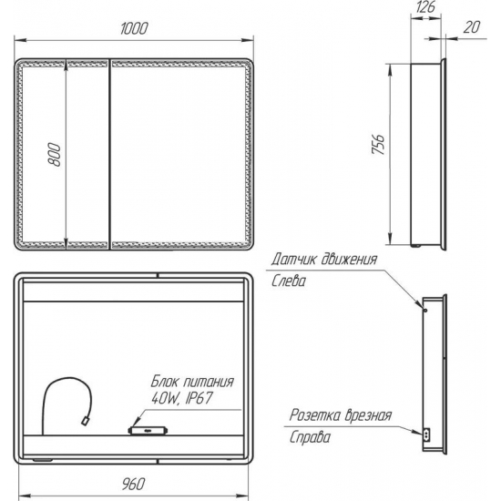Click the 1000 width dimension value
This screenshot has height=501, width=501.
(134, 28)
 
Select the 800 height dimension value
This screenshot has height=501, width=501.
(56, 156)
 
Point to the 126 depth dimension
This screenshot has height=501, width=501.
(425, 7)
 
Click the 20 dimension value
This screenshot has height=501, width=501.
(471, 26)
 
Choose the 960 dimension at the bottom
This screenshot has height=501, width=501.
(134, 482)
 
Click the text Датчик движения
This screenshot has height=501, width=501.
(323, 260)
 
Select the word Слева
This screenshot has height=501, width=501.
(289, 281)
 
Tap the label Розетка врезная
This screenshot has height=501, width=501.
(340, 415)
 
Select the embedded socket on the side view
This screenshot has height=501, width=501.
(424, 435)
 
